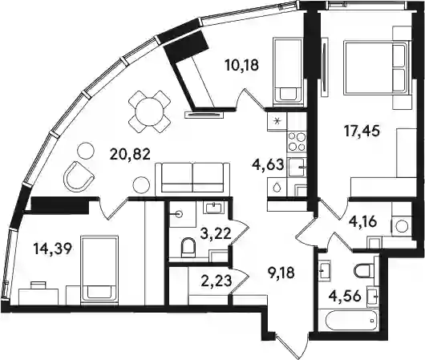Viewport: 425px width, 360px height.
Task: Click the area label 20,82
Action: point(130,155)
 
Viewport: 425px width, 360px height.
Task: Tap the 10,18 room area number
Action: point(242,65)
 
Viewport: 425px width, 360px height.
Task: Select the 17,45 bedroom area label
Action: point(362,131)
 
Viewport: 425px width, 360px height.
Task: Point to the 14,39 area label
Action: point(53,249)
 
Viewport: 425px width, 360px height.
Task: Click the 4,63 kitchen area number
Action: point(268,164)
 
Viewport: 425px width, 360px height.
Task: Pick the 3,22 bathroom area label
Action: point(216,233)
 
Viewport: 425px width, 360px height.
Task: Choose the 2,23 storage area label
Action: point(217,281)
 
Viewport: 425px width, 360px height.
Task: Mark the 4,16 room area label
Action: point(362,222)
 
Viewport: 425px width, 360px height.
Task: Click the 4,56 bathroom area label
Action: point(346,296)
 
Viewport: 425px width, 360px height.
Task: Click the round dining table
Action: point(149,111)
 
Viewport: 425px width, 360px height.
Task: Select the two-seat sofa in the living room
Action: point(192,179)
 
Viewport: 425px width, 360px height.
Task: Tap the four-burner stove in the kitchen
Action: point(297,141)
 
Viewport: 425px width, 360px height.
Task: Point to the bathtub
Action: point(348,320)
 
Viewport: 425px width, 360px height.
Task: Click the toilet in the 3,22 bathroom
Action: point(188,247)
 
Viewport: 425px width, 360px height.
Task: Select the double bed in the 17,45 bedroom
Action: point(376,67)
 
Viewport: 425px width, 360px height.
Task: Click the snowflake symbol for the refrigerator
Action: point(277,121)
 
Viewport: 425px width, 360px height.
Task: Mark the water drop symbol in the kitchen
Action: point(277,188)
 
